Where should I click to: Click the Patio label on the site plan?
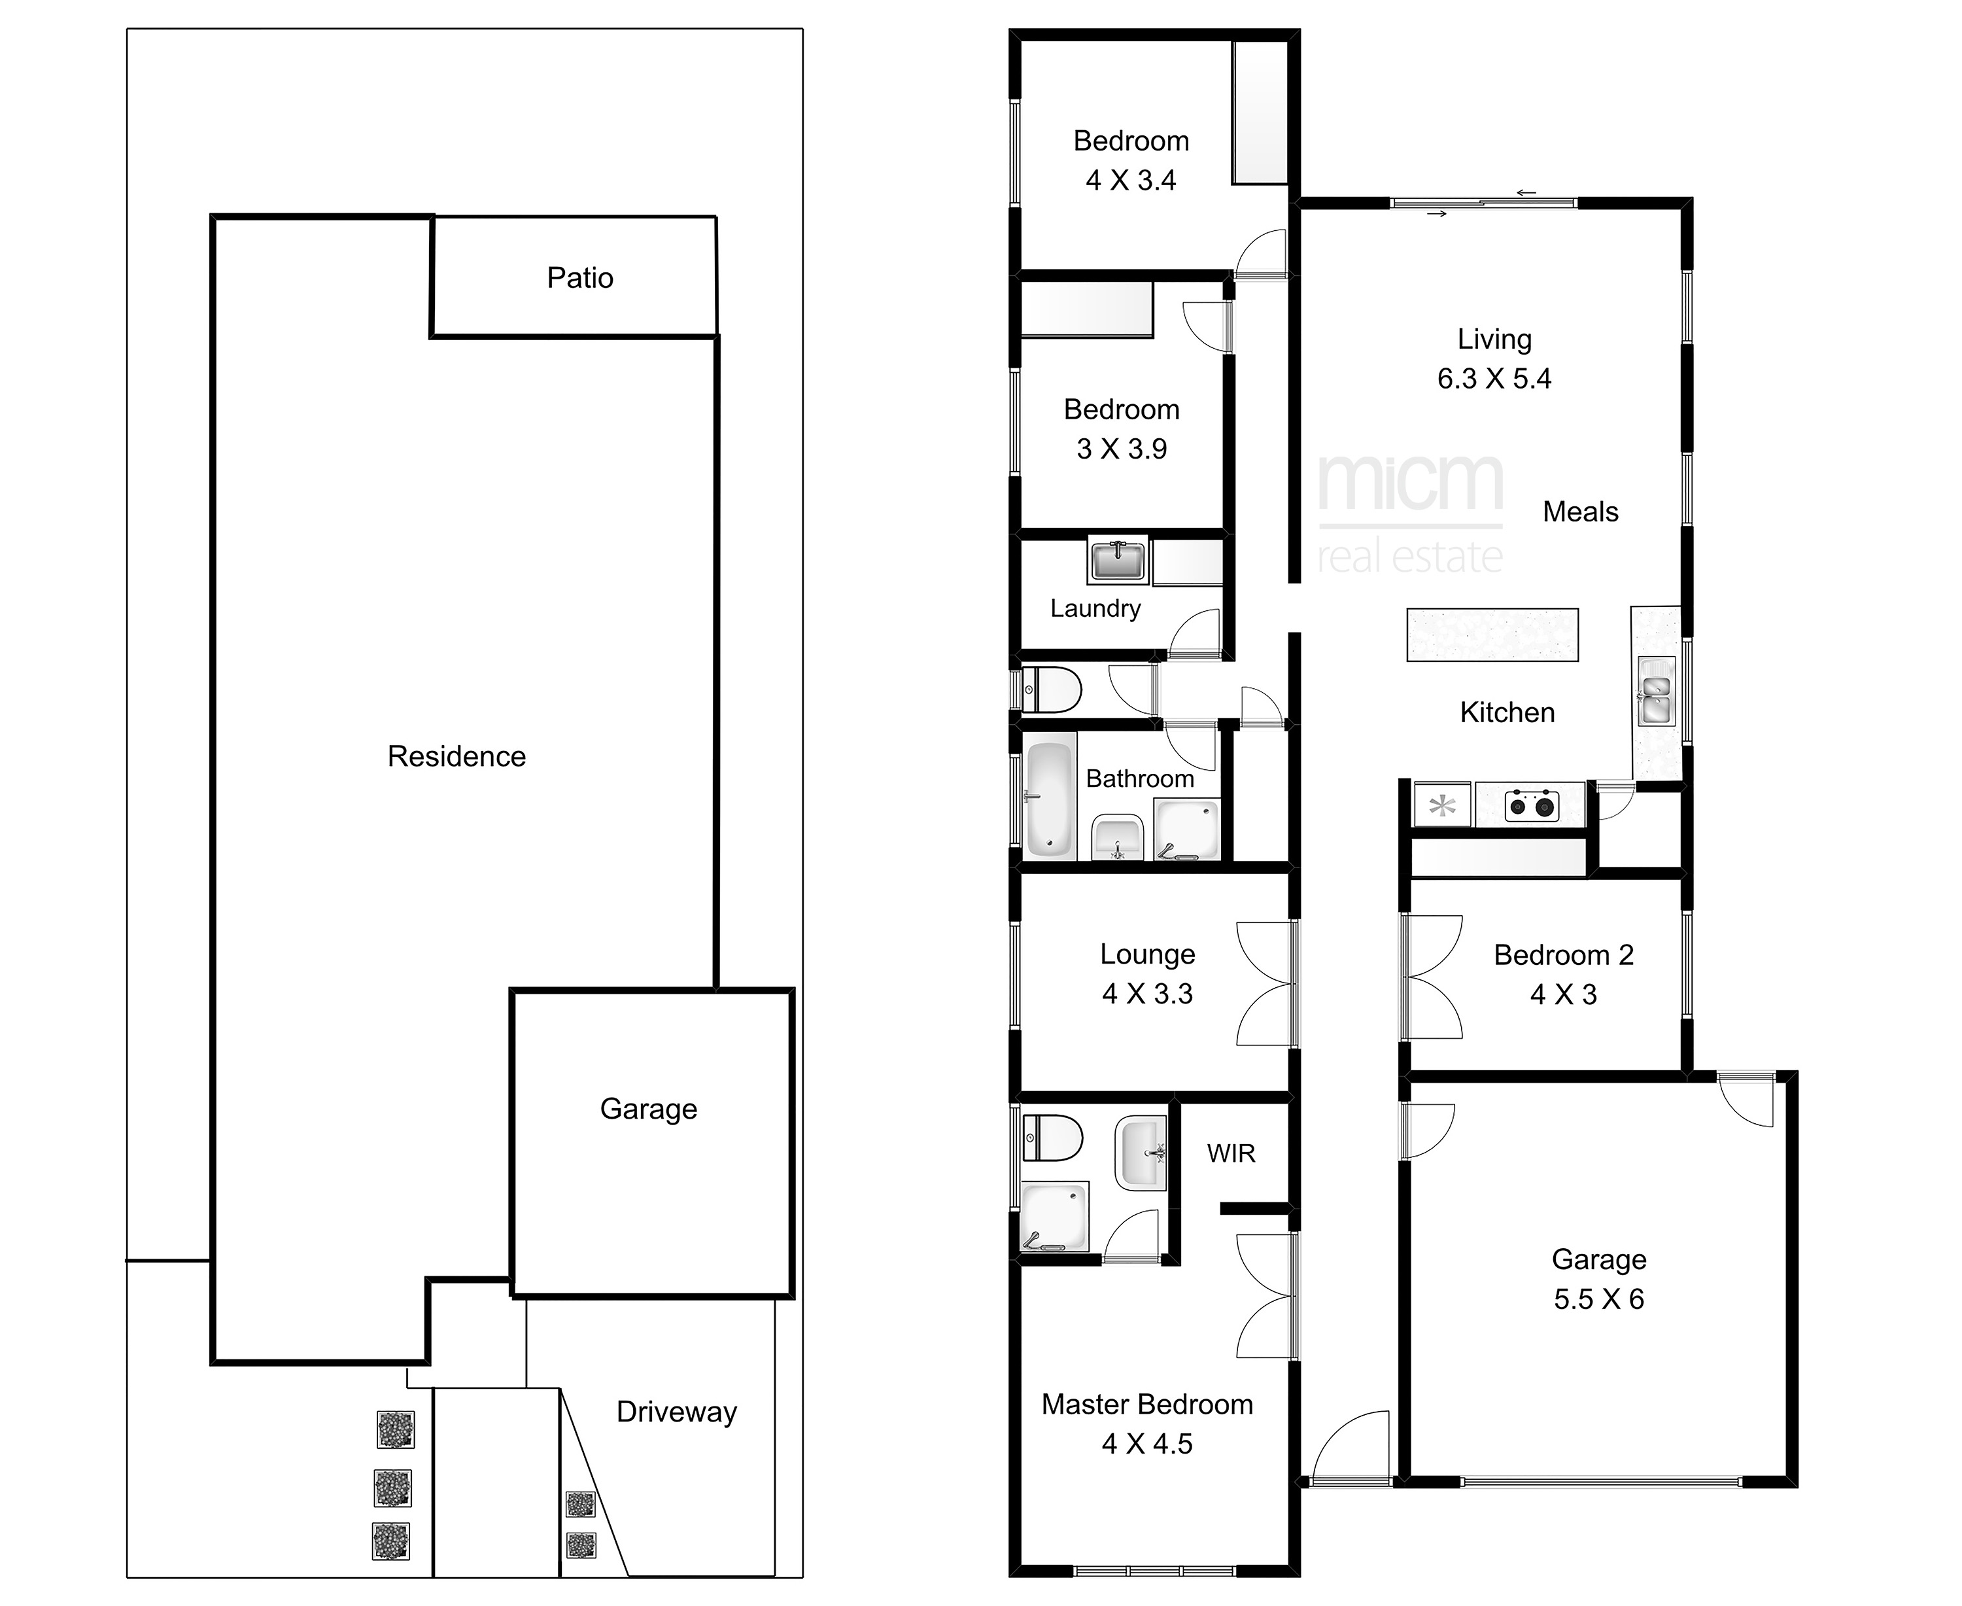(580, 277)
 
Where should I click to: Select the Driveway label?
(677, 1412)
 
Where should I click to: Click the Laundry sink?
(1118, 560)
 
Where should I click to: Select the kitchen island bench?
(1492, 635)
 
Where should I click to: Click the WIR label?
(1231, 1153)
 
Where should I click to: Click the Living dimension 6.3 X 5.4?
(1494, 378)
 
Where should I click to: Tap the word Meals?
(1581, 512)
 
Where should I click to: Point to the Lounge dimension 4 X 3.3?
(1147, 994)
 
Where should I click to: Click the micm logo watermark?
(1411, 514)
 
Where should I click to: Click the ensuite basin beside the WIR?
(1141, 1153)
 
